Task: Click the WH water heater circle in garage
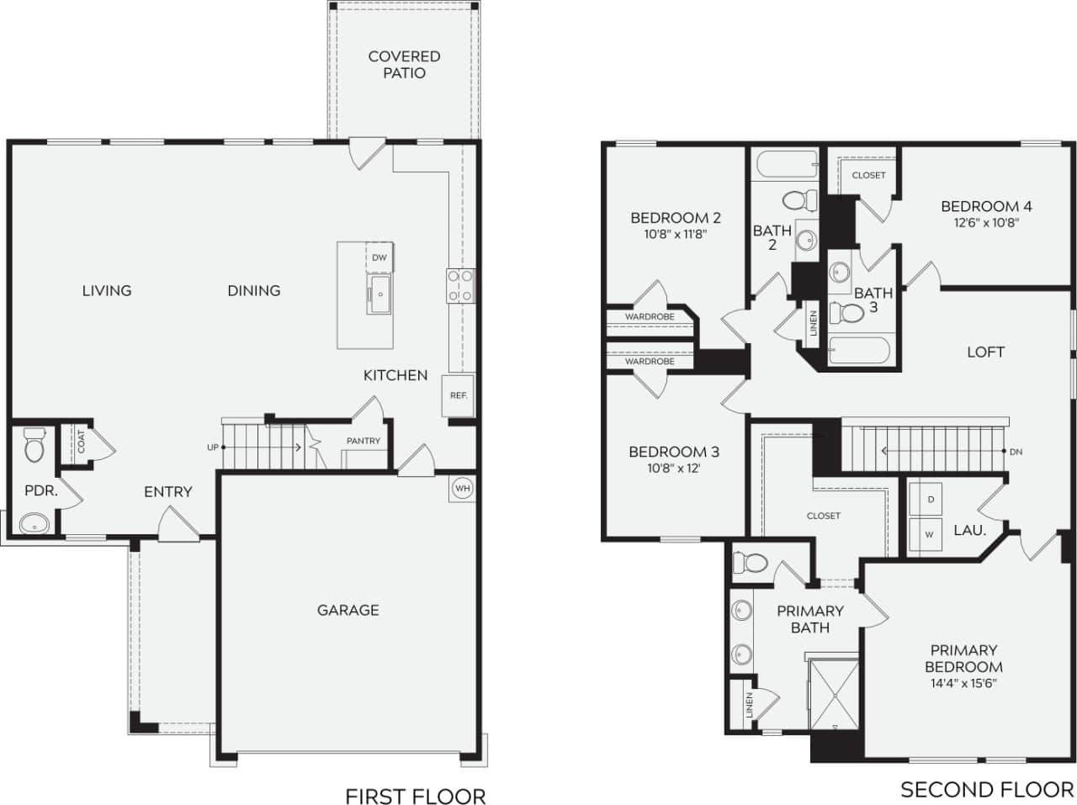tap(462, 488)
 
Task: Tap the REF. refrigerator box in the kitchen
tap(458, 395)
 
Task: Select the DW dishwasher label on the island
tap(379, 257)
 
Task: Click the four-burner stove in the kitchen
tap(460, 285)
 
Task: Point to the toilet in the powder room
tap(34, 446)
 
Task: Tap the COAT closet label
tap(81, 442)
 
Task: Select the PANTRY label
tap(363, 441)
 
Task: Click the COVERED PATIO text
tap(404, 65)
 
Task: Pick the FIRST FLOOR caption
tap(415, 796)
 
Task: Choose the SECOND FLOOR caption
tap(987, 789)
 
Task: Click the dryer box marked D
tap(931, 500)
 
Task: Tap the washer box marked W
tap(930, 534)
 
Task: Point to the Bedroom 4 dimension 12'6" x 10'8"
tap(986, 223)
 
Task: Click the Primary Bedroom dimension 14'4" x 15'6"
tap(963, 683)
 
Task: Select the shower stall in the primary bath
tap(833, 696)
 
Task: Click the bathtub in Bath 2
tap(787, 164)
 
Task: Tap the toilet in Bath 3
tap(847, 314)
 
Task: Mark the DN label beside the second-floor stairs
tap(1016, 452)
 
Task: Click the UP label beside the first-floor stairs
tap(212, 448)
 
